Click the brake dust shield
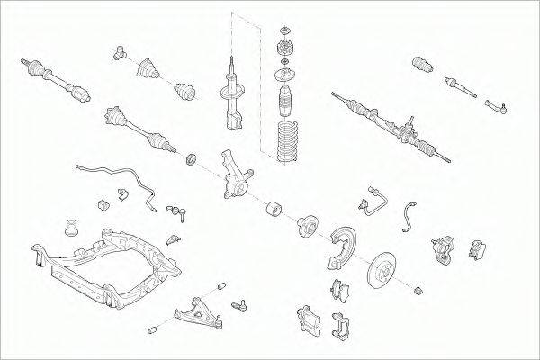coord(340,244)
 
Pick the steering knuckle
coord(236,176)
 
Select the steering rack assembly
coord(387,122)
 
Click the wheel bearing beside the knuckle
coord(272,209)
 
